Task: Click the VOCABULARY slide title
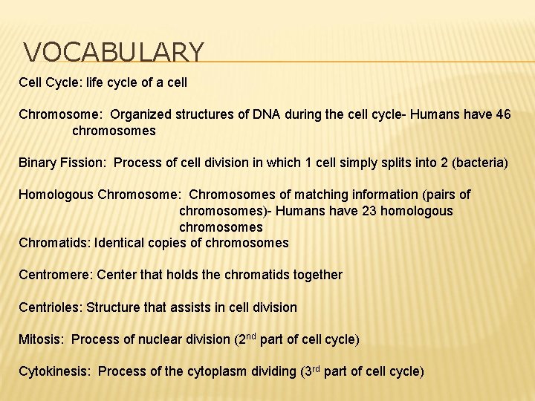point(114,53)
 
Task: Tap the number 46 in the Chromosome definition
point(502,115)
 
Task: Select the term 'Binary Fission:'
point(63,163)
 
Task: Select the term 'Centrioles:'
point(51,307)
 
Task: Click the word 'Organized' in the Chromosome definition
point(140,115)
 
